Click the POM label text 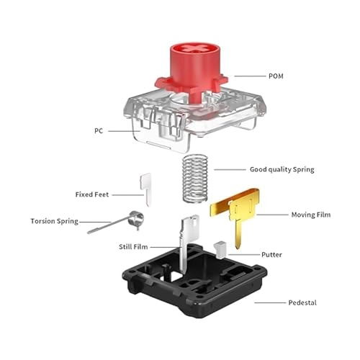[x=276, y=76]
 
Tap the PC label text [x=99, y=131]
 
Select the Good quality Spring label [x=282, y=169]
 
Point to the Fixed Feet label [x=92, y=194]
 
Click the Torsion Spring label [x=55, y=221]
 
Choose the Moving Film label [x=311, y=215]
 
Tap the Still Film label [x=133, y=247]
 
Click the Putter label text [x=271, y=255]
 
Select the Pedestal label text [x=302, y=302]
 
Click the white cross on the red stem [x=195, y=49]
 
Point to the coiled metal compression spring [x=195, y=179]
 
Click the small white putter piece [x=220, y=250]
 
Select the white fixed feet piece [x=146, y=189]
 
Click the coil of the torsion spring [x=136, y=219]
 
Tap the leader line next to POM [x=250, y=76]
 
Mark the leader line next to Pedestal [x=270, y=302]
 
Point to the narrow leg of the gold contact [x=238, y=235]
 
